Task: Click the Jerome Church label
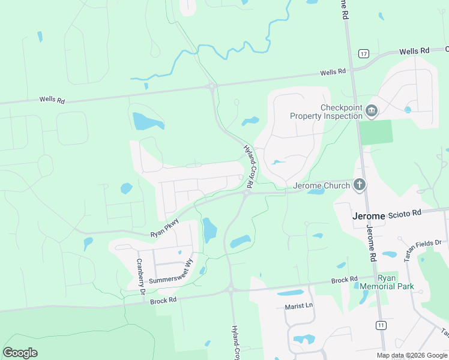[321, 186]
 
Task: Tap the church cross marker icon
[360, 185]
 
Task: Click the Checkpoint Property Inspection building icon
[372, 110]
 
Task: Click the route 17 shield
[364, 53]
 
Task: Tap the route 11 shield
[381, 325]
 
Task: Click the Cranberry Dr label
[141, 276]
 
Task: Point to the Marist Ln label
[299, 306]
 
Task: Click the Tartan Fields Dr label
[423, 249]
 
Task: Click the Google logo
[20, 353]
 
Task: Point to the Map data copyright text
[412, 355]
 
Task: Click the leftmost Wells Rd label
[52, 100]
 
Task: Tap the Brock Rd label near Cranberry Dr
[163, 299]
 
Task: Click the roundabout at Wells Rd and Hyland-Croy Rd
[212, 87]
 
